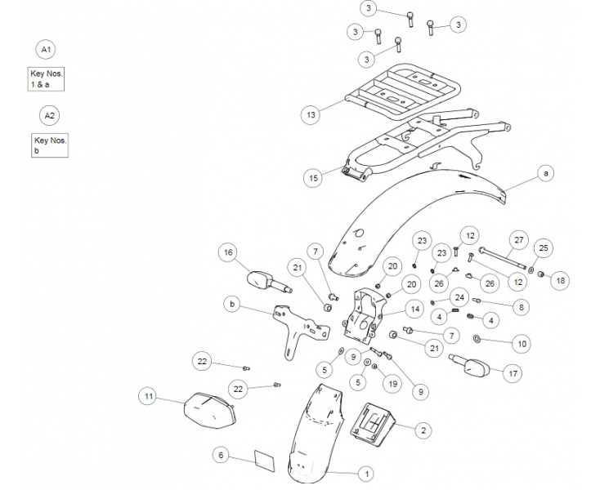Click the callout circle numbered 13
click(x=311, y=115)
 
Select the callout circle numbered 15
click(x=311, y=177)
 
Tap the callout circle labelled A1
click(x=47, y=50)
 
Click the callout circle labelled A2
click(x=50, y=116)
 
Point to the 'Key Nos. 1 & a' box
click(x=46, y=78)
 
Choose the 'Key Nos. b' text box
click(x=50, y=145)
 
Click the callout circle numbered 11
click(x=148, y=397)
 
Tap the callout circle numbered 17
click(x=513, y=374)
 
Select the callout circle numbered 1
click(x=366, y=473)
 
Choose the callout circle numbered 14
click(x=414, y=309)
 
